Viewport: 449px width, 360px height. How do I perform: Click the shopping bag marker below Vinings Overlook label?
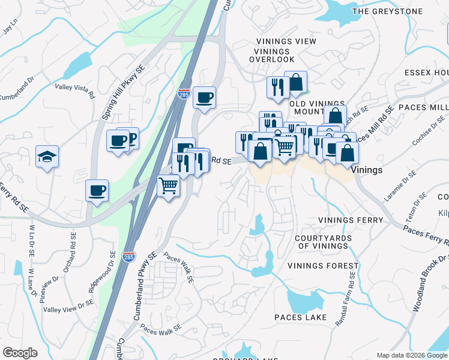[295, 83]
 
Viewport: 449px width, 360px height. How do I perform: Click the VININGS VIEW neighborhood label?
[286, 41]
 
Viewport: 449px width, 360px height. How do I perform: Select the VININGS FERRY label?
[351, 220]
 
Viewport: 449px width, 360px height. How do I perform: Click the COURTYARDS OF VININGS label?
[322, 242]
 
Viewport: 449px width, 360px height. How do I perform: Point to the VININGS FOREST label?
[323, 266]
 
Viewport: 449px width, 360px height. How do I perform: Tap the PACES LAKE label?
[300, 317]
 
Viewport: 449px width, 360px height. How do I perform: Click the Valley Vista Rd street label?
[75, 91]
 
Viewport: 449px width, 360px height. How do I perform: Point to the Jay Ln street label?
[8, 28]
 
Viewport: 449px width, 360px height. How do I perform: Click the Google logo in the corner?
[20, 353]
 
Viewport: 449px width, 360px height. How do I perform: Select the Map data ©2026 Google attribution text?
[411, 355]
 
